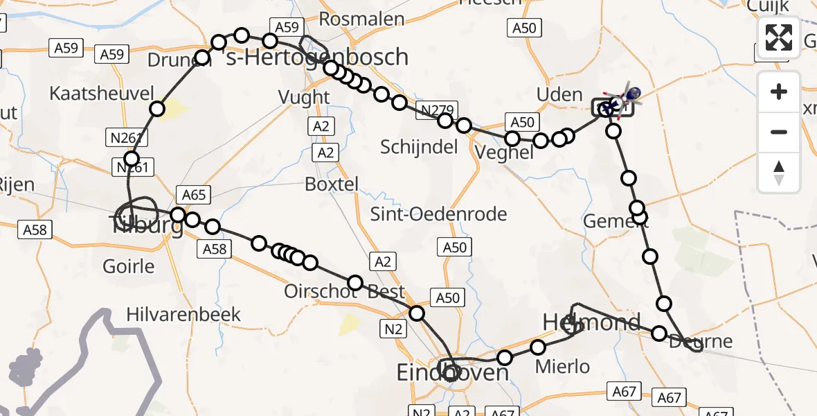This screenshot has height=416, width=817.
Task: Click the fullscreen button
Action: [779, 37]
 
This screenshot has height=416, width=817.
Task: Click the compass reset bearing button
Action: [779, 173]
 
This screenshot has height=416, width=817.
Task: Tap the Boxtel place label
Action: [332, 184]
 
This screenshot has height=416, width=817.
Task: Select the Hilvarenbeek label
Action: [183, 314]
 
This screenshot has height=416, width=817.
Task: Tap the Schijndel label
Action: [419, 147]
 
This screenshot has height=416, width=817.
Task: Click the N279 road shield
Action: [431, 110]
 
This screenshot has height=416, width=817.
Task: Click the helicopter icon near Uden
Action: [627, 96]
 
